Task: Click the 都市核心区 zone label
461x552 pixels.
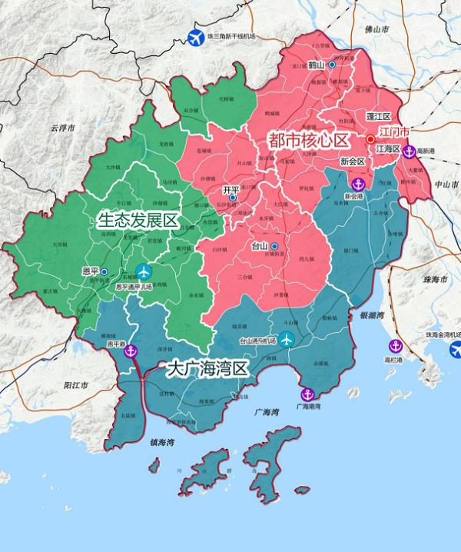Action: (x=308, y=140)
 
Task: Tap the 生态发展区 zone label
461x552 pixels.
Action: (x=138, y=221)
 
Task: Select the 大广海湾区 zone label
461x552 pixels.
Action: (x=209, y=369)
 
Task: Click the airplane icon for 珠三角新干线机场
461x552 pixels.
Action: (x=197, y=36)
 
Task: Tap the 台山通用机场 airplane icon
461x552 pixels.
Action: (x=287, y=339)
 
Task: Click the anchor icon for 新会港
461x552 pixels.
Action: (x=357, y=184)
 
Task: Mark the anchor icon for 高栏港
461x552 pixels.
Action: (x=396, y=346)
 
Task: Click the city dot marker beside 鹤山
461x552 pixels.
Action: (x=332, y=65)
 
